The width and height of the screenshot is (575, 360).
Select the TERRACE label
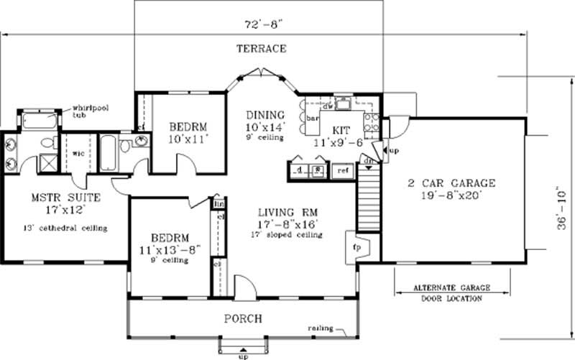(262, 49)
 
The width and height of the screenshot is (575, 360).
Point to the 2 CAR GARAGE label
(450, 182)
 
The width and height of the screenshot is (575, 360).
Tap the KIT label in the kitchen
(341, 131)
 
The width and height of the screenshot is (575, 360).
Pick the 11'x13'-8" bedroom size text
(170, 249)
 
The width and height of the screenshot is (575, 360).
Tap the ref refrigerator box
(343, 171)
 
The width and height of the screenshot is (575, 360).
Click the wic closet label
(78, 152)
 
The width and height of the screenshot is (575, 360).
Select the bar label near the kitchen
(313, 117)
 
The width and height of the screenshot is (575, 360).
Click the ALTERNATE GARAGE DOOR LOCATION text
(451, 293)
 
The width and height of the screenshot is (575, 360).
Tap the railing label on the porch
(320, 328)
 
